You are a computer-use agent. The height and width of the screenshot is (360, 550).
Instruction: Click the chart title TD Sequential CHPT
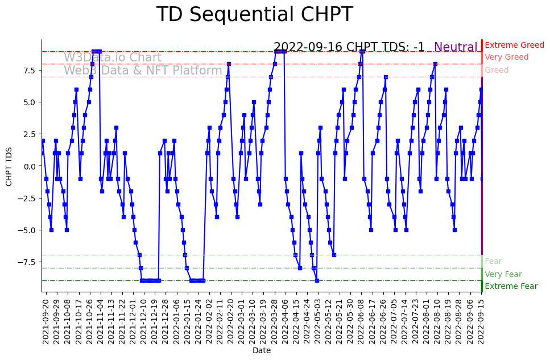(x=254, y=15)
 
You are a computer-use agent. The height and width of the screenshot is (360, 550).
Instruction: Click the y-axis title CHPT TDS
(x=9, y=165)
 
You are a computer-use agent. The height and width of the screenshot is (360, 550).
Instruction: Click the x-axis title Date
(x=262, y=351)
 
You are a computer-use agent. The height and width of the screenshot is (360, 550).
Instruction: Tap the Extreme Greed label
(x=514, y=45)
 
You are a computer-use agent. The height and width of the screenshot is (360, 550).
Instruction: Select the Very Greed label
(x=506, y=57)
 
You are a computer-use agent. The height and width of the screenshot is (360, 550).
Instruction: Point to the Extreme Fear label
(x=511, y=287)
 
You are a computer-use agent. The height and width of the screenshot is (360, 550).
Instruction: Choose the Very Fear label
(x=503, y=274)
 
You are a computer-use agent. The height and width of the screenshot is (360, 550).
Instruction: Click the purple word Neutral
(x=456, y=48)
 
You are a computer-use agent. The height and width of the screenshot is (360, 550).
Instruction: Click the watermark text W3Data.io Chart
(x=113, y=57)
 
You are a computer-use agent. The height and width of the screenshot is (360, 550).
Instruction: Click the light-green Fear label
(x=493, y=262)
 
